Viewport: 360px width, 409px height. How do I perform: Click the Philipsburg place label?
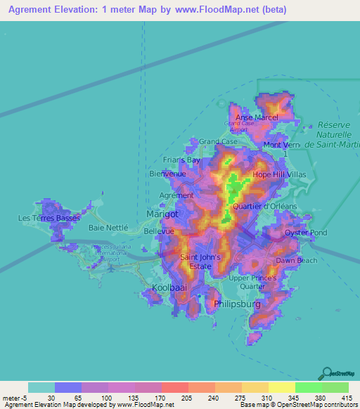point(236,304)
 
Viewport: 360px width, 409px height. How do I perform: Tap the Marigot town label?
point(163,213)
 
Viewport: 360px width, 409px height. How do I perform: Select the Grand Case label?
point(217,141)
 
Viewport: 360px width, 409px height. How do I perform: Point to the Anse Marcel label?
point(257,117)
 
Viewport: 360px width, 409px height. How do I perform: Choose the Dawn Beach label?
point(296,260)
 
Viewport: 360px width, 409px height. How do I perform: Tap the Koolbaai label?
point(169,287)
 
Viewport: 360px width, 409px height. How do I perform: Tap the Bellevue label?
point(158,231)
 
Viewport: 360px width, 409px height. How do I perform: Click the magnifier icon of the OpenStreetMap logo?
point(326,372)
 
